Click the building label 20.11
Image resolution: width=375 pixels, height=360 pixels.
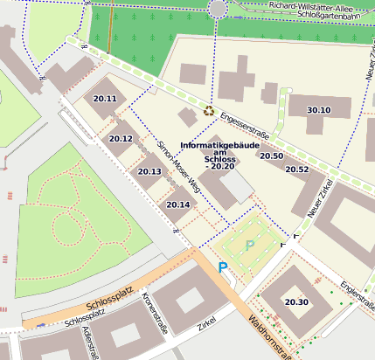click(x=105, y=99)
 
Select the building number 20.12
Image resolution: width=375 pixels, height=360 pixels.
click(x=121, y=139)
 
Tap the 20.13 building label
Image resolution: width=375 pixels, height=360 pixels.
click(x=149, y=171)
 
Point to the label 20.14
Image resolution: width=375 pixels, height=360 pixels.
click(x=177, y=204)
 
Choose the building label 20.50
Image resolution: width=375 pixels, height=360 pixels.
click(x=271, y=156)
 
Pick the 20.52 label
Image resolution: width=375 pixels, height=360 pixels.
click(x=297, y=170)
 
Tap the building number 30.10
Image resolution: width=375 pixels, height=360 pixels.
click(x=319, y=110)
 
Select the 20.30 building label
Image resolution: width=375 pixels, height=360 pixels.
click(x=296, y=302)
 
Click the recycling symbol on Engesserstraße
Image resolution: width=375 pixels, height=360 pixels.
click(x=209, y=110)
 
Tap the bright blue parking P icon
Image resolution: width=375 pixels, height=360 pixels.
click(x=223, y=267)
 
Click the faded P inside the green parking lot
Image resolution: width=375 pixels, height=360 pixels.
click(x=251, y=246)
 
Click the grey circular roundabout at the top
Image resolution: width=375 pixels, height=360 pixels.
click(x=219, y=9)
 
